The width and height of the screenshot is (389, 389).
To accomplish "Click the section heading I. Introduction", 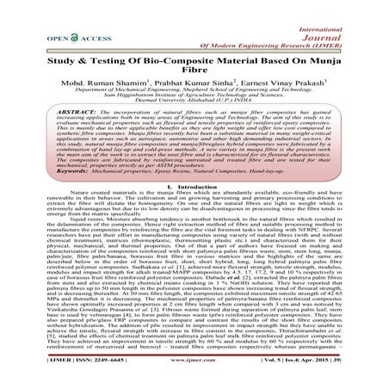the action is point(194,209).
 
